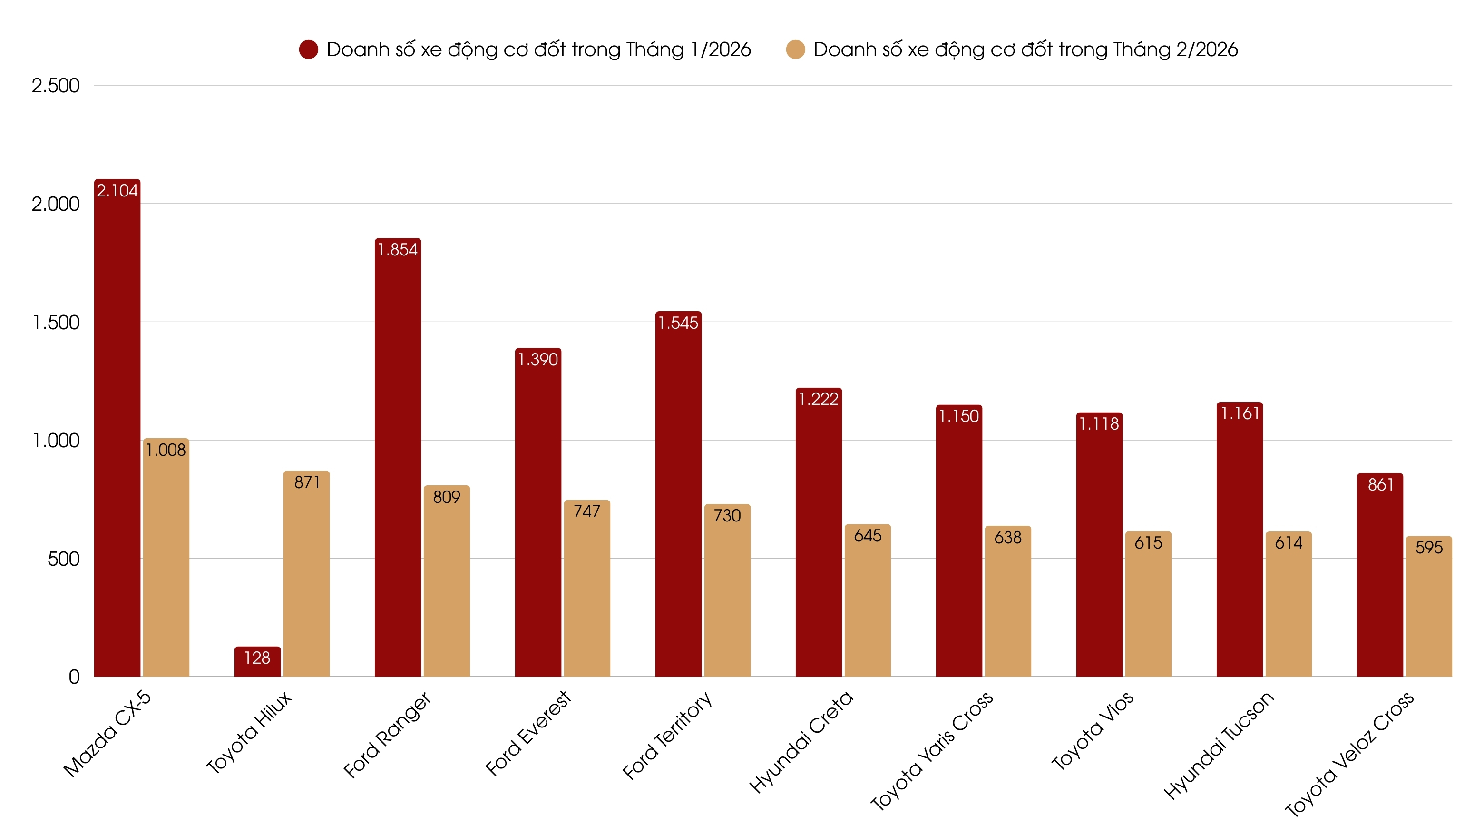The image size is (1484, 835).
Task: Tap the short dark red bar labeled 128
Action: coord(257,663)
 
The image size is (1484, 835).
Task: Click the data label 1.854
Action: coord(398,249)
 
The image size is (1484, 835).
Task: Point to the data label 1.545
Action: coord(678,323)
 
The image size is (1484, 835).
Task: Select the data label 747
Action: coord(586,511)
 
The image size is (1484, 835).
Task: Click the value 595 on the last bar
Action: coord(1429,548)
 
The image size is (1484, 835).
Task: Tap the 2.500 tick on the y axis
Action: coord(55,86)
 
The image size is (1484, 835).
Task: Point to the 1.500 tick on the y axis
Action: coord(55,322)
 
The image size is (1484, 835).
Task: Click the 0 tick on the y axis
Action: coord(74,677)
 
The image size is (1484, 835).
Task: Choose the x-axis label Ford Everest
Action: coord(527,733)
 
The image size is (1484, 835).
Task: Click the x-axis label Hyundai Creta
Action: coord(801,742)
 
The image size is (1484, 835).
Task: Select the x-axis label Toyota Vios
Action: coord(1092,731)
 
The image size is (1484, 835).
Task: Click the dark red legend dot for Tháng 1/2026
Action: coord(309,49)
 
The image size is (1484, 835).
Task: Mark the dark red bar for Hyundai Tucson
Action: coord(1239,542)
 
